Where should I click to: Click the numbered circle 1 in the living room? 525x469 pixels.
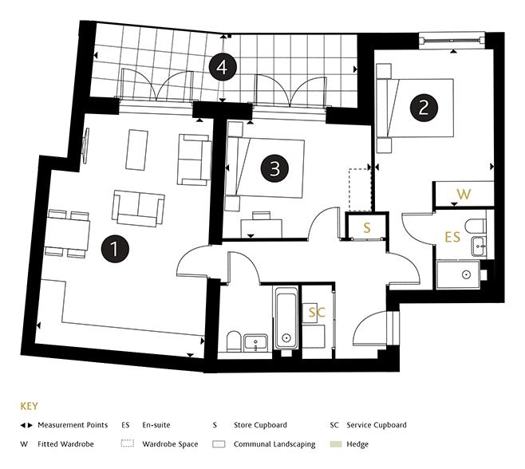click(x=116, y=248)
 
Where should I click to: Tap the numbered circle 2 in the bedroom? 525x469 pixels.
click(x=424, y=107)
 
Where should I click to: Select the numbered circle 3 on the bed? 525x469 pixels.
click(x=274, y=169)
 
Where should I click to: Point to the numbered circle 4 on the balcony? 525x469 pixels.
click(x=222, y=68)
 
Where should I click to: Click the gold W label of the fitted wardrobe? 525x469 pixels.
click(x=463, y=194)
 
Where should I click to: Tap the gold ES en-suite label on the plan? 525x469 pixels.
click(x=452, y=237)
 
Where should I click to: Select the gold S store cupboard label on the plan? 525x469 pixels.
click(x=367, y=227)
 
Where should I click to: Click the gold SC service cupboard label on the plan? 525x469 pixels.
click(x=317, y=313)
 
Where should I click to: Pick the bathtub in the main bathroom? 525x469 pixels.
click(x=286, y=318)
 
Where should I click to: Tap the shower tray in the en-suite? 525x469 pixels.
click(x=465, y=276)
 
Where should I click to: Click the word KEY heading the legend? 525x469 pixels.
click(x=28, y=405)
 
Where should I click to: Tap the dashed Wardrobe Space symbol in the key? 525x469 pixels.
click(x=128, y=444)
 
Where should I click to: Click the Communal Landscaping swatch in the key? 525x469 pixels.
click(x=219, y=444)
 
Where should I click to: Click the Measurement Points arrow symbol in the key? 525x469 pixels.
click(x=28, y=426)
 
